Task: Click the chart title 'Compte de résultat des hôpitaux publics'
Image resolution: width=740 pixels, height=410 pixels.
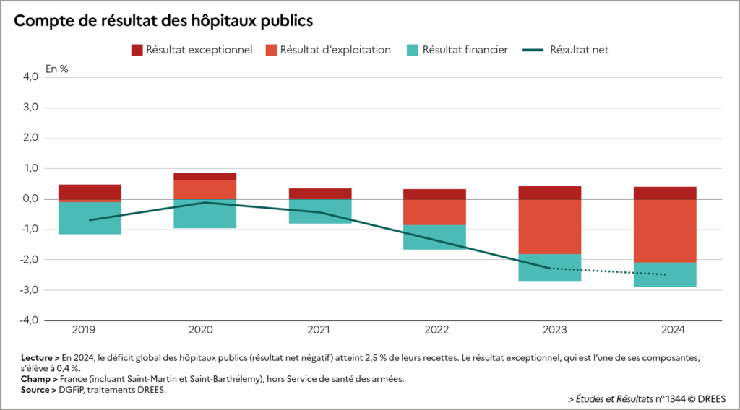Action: pyautogui.click(x=163, y=20)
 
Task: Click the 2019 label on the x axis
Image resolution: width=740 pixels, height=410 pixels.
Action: pyautogui.click(x=90, y=331)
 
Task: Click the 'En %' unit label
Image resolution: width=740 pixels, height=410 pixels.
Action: pyautogui.click(x=57, y=69)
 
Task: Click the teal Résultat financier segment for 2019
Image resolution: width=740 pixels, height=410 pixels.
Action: pyautogui.click(x=90, y=218)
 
